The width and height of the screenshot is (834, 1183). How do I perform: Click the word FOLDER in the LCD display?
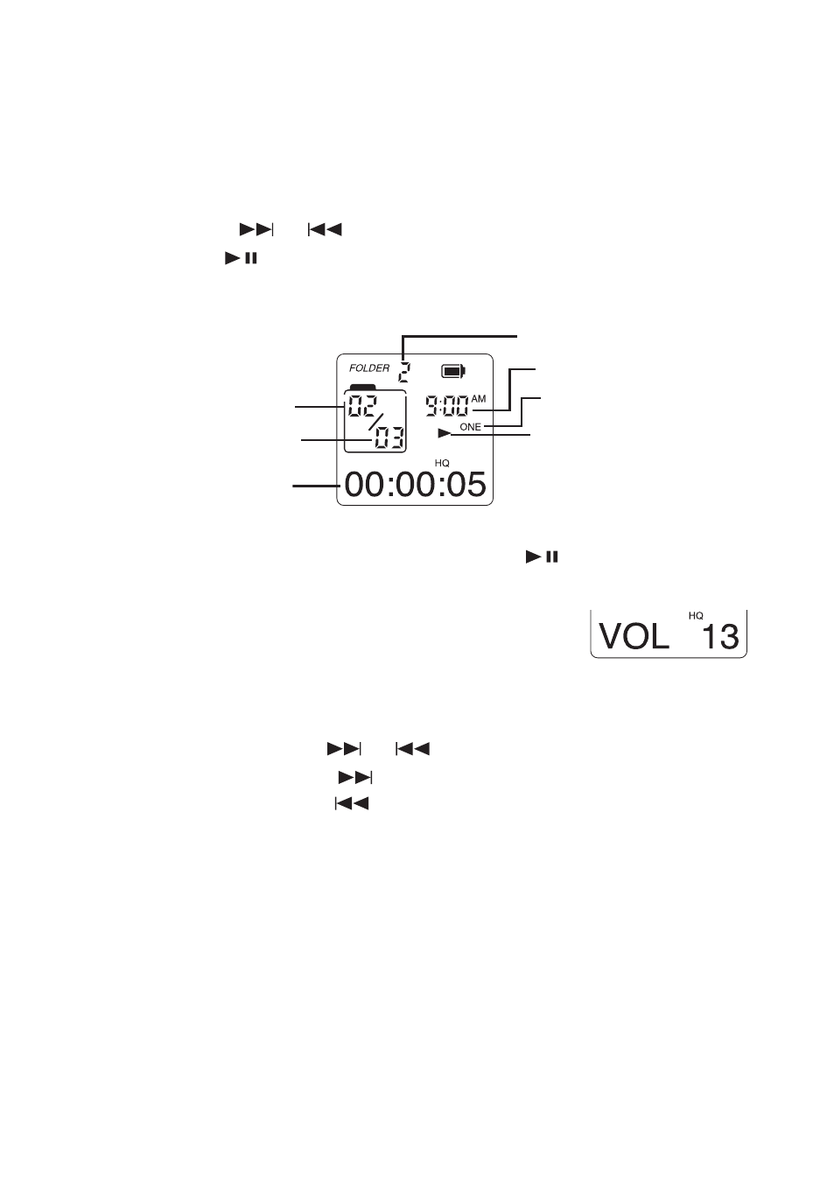click(368, 368)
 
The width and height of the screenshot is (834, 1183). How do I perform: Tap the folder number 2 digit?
click(404, 373)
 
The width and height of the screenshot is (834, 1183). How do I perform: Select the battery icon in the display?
click(453, 371)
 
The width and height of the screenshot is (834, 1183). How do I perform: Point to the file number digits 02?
click(361, 406)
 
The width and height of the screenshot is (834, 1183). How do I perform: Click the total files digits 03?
click(389, 437)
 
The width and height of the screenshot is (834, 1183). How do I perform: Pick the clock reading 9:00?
click(447, 407)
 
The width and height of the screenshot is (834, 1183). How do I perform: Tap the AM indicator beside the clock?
click(478, 399)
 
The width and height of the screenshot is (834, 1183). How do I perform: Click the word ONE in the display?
click(470, 427)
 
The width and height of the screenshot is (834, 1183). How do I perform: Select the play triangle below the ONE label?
click(445, 434)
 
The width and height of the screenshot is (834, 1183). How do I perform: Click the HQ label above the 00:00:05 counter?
click(442, 463)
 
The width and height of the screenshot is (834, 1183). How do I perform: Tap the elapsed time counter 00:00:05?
click(415, 484)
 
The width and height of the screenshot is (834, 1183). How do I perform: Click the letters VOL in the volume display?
click(634, 636)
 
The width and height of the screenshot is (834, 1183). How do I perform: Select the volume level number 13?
click(719, 636)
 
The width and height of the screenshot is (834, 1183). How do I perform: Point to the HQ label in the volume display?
click(696, 616)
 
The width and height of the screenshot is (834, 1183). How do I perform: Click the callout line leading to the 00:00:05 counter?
click(316, 486)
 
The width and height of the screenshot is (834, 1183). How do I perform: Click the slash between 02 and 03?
click(375, 422)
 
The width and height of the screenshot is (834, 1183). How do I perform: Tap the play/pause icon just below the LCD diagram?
click(542, 556)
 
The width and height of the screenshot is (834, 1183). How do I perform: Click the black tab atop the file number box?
click(362, 387)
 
